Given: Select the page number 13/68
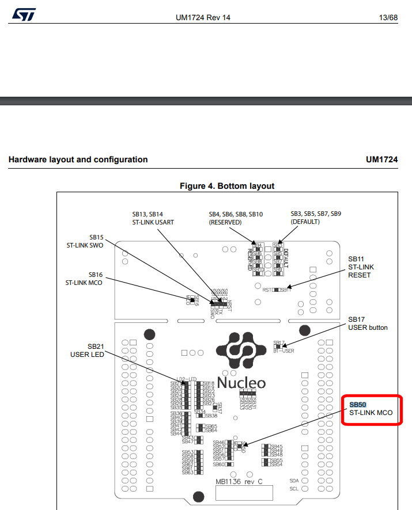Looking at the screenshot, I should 385,18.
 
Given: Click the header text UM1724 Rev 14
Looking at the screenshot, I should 203,18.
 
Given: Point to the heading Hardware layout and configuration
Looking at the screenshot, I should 78,159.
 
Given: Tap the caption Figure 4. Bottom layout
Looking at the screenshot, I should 227,186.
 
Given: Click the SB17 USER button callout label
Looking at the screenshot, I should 368,323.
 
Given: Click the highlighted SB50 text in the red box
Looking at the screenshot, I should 358,405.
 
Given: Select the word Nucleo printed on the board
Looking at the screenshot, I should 241,383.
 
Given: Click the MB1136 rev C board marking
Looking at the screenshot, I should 239,481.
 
